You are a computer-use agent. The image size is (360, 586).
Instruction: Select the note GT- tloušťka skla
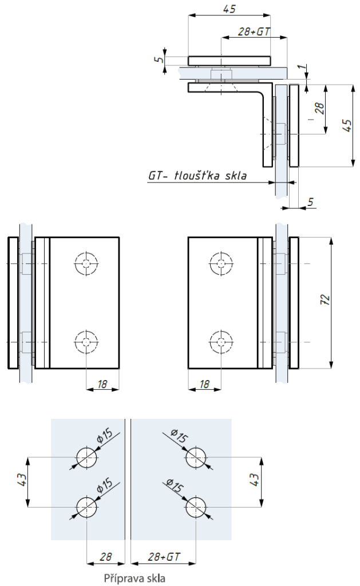[x=197, y=176]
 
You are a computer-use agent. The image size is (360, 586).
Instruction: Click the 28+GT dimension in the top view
[x=254, y=32]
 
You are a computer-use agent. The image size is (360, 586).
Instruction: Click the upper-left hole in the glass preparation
[x=86, y=457]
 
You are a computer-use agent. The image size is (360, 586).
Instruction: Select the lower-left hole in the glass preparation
[x=86, y=506]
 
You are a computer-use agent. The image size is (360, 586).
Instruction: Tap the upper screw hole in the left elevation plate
[x=86, y=263]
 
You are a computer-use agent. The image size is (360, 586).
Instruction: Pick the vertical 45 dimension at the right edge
[x=346, y=126]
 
